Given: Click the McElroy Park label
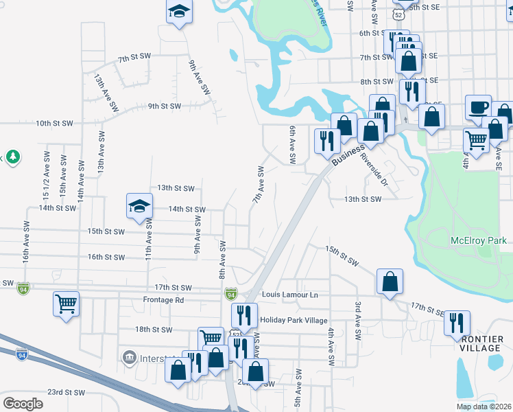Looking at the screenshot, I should coord(478,241).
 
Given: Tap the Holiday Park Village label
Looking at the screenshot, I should coord(294,320).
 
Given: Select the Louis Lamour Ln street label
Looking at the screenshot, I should coord(290,295).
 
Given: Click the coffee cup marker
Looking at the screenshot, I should coord(478,107).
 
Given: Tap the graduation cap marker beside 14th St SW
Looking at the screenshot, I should coord(139,206).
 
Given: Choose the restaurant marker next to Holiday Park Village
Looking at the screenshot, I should coord(244,316).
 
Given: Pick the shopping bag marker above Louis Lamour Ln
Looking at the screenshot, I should coord(390,282).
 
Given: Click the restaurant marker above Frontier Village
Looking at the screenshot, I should coord(457,323).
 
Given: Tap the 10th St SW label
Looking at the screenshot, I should coord(54,124).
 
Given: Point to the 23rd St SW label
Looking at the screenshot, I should coord(65,393).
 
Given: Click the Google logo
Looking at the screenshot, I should coord(23,403).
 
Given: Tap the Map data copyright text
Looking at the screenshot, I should coord(484,407).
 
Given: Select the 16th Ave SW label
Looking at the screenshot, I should coord(26,242).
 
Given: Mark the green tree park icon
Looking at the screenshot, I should coord(12,157).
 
